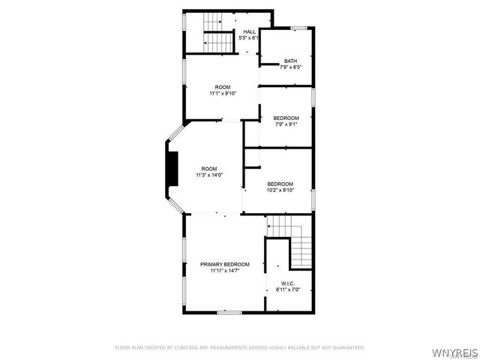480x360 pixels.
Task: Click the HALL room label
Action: click(x=250, y=31)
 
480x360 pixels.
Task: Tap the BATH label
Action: click(x=290, y=61)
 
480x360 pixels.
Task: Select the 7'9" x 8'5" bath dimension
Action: click(x=290, y=67)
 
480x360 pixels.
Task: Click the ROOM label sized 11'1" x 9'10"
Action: click(x=223, y=87)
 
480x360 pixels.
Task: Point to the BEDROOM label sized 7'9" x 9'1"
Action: click(x=286, y=118)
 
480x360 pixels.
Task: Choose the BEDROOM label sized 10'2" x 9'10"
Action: click(x=280, y=184)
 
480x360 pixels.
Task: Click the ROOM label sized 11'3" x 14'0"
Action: click(x=209, y=169)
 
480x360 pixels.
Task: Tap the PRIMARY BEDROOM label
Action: click(x=225, y=264)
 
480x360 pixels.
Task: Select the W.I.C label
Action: click(x=286, y=283)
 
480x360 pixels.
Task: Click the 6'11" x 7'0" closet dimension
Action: click(x=286, y=289)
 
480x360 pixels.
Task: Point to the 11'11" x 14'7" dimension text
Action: click(x=225, y=271)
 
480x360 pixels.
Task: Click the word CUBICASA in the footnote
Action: click(x=184, y=348)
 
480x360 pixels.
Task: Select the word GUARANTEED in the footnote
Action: click(x=347, y=348)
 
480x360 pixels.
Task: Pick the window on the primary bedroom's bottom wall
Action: click(x=229, y=311)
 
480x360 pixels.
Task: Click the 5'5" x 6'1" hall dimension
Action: click(x=249, y=37)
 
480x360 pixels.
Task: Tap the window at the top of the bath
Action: click(x=299, y=28)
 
